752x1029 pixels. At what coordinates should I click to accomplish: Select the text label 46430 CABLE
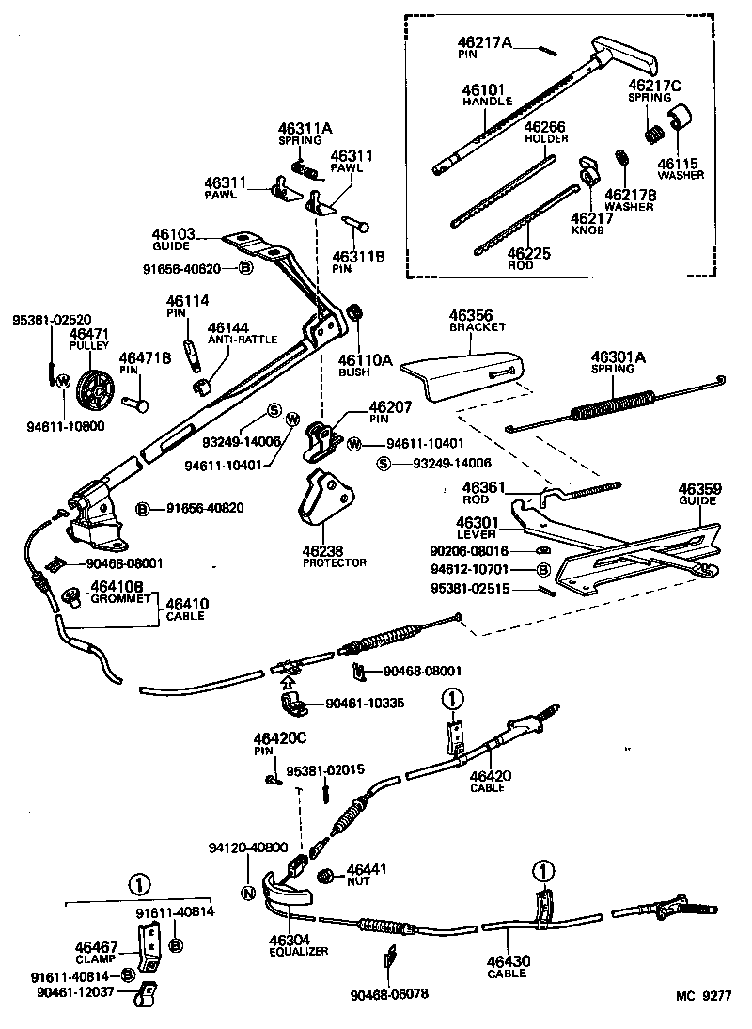pos(507,965)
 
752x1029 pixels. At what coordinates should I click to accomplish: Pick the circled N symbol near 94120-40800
pos(248,894)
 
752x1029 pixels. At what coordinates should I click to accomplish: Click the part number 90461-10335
pos(364,703)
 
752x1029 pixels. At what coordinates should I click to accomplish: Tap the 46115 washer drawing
pos(679,122)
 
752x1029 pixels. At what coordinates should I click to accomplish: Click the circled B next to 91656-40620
pos(244,268)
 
